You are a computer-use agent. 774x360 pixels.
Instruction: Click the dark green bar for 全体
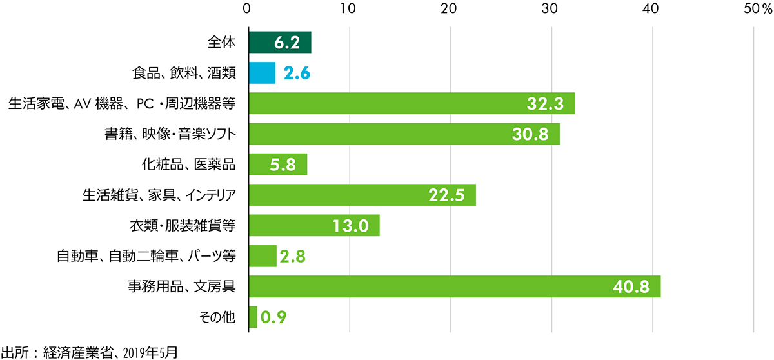point(279,43)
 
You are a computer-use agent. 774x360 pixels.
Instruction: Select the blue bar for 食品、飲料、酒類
point(262,73)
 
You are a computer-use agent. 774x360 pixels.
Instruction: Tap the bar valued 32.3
point(411,103)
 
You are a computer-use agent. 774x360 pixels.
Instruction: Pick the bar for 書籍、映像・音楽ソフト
point(404,134)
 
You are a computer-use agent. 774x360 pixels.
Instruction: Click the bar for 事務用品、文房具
point(454,286)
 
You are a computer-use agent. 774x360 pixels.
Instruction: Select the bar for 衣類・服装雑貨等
point(313,226)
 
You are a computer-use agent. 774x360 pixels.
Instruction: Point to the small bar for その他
point(253,317)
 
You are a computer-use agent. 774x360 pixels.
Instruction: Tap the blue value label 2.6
point(297,74)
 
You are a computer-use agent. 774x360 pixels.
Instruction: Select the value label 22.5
point(447,195)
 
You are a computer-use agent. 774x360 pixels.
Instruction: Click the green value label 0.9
point(273,317)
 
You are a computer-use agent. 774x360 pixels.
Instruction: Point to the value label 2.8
point(293,257)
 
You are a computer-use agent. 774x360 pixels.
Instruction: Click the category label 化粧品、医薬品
point(188,165)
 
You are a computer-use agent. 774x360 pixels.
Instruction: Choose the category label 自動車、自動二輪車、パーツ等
point(146,256)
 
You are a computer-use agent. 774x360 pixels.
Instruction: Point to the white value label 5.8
point(281,165)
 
